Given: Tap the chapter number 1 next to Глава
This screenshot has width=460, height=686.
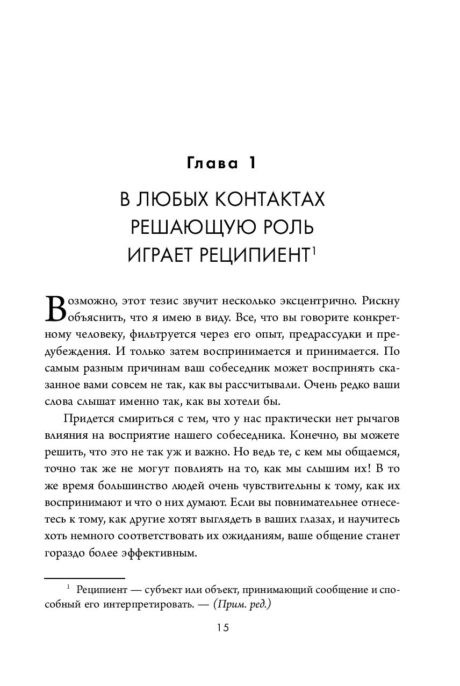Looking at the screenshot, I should pos(250,163).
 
